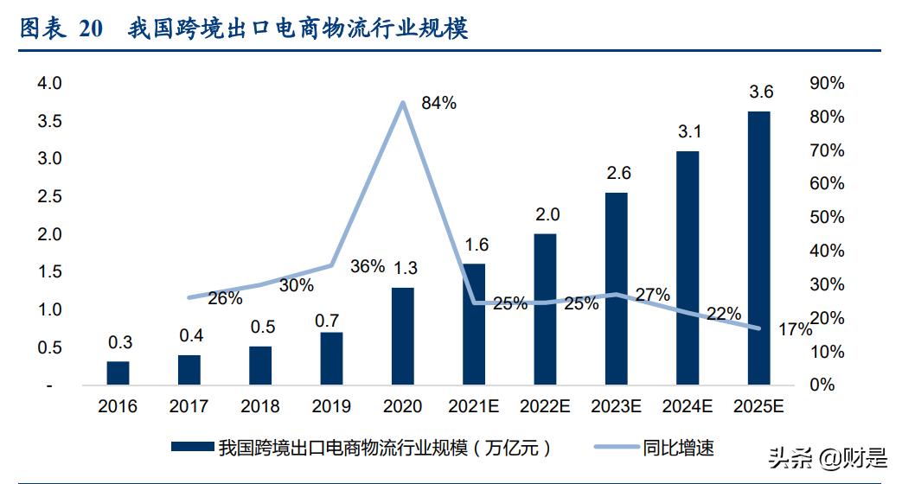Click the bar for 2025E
click(758, 247)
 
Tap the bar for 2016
click(118, 373)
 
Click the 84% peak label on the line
click(438, 103)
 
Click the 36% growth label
click(368, 266)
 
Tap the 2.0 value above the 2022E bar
click(547, 214)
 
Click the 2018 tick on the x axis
click(260, 406)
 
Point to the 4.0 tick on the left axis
click(49, 83)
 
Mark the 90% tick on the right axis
click(827, 83)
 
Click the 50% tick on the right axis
click(827, 217)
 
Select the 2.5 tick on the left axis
click(49, 196)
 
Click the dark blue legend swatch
click(192, 448)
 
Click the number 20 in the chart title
click(91, 29)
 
